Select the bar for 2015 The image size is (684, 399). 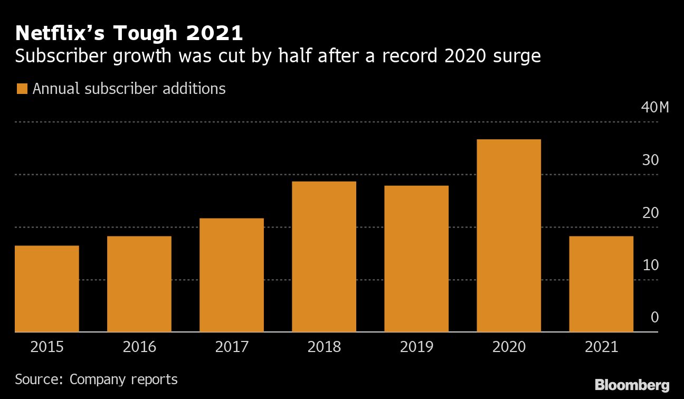pyautogui.click(x=47, y=289)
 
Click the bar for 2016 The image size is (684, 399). pyautogui.click(x=139, y=284)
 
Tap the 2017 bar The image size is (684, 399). pyautogui.click(x=232, y=275)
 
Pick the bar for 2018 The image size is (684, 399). pyautogui.click(x=324, y=256)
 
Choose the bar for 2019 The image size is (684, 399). pyautogui.click(x=416, y=259)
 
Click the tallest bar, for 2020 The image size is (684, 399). pyautogui.click(x=509, y=235)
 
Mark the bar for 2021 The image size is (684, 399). pyautogui.click(x=601, y=284)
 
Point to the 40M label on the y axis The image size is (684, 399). pyautogui.click(x=654, y=108)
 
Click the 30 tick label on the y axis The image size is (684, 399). pyautogui.click(x=650, y=160)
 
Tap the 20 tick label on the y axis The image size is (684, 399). pyautogui.click(x=650, y=213)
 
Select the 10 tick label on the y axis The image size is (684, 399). pyautogui.click(x=650, y=265)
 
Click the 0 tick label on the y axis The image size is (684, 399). pyautogui.click(x=654, y=317)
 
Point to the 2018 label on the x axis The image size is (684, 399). pyautogui.click(x=324, y=347)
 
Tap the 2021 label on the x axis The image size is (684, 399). pyautogui.click(x=601, y=347)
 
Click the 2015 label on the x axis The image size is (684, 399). pyautogui.click(x=47, y=347)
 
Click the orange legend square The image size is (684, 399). pyautogui.click(x=22, y=89)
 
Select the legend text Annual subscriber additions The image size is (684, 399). pyautogui.click(x=129, y=89)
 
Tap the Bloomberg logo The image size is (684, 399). pyautogui.click(x=632, y=385)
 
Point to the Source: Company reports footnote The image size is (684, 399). pyautogui.click(x=96, y=379)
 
